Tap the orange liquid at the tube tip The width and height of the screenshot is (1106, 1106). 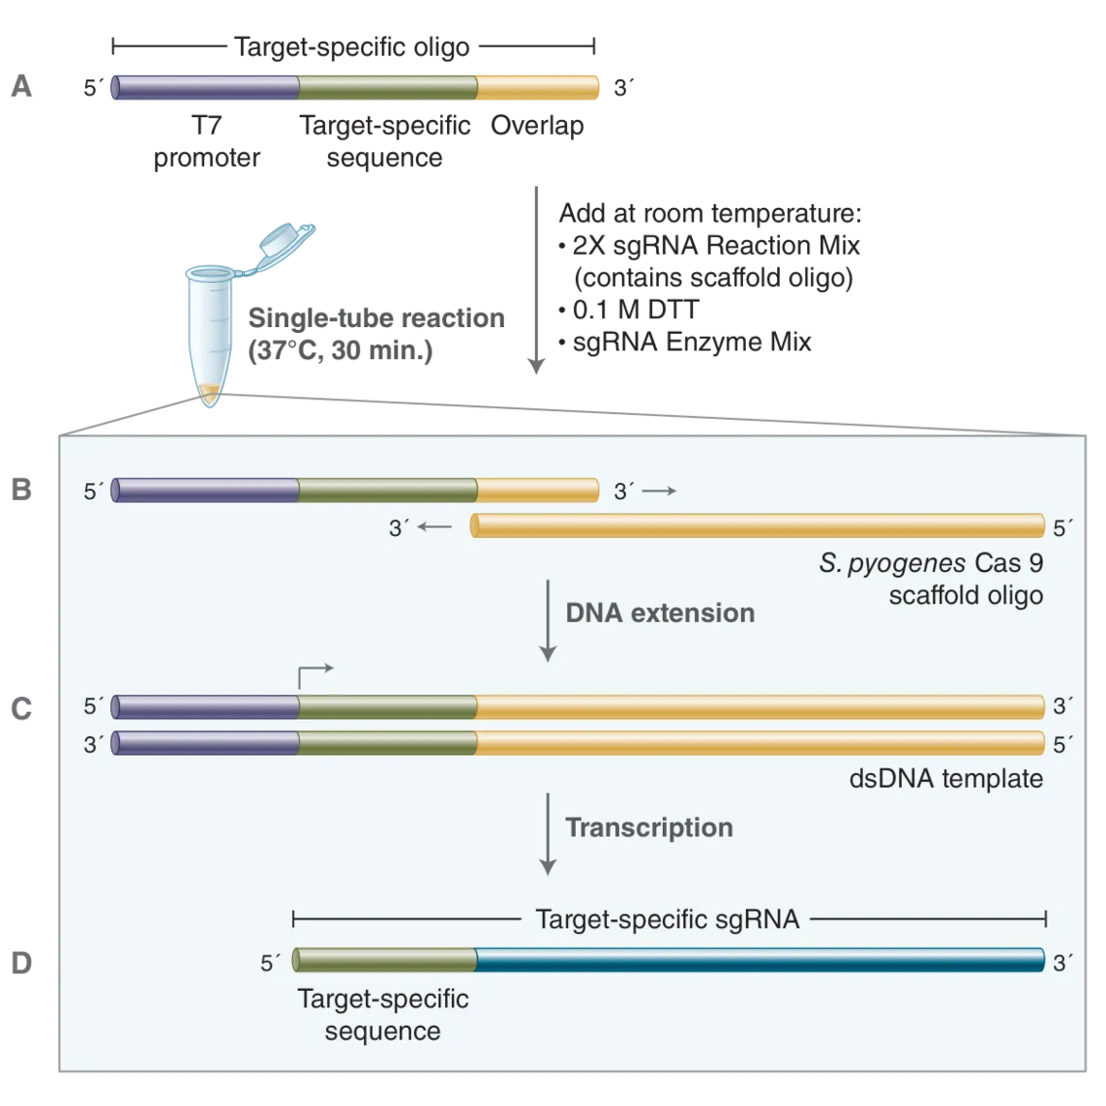[211, 395]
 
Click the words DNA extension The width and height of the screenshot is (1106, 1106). [660, 613]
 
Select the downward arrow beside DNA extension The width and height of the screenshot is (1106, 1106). [548, 620]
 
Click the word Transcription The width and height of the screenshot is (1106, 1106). [649, 828]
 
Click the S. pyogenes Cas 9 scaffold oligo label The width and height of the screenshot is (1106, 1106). [932, 579]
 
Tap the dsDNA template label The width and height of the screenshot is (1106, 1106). [946, 779]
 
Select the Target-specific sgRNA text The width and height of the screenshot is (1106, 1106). [668, 919]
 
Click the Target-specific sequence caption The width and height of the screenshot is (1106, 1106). [383, 1015]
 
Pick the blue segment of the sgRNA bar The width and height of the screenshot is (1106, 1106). [759, 961]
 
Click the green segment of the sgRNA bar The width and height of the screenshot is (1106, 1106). [385, 961]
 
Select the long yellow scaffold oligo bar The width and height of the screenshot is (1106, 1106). [758, 526]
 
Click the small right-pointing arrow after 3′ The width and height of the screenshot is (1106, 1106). [659, 491]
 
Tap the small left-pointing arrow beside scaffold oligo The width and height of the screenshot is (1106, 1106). [434, 527]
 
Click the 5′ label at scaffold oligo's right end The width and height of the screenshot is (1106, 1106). [1062, 528]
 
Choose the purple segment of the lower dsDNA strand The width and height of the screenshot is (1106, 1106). [206, 743]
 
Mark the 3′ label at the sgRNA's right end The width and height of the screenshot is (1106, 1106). [1062, 963]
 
